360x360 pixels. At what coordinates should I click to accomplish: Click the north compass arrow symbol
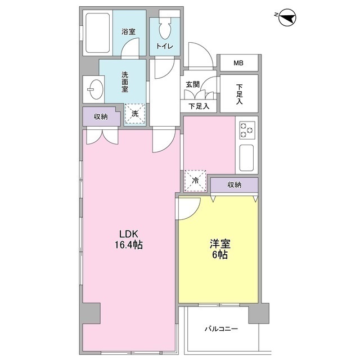287,17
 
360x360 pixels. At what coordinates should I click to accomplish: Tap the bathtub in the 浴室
97,33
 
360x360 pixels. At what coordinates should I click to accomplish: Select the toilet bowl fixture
165,29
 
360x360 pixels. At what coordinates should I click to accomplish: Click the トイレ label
165,46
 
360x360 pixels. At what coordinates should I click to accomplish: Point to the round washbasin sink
95,89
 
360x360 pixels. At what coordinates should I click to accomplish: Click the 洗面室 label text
125,82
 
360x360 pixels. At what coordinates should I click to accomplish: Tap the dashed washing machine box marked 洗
135,114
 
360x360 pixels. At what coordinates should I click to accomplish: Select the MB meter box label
238,62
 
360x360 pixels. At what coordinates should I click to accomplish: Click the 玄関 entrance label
192,84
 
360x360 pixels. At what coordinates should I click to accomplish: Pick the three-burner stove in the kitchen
247,130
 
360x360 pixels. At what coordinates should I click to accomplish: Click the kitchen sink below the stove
246,158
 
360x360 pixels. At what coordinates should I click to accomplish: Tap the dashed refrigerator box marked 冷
195,181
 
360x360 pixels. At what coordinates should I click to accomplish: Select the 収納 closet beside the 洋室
235,184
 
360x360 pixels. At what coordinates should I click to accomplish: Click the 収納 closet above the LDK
101,116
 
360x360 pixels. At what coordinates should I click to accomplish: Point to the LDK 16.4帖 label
129,240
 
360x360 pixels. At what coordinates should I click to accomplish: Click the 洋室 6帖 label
220,249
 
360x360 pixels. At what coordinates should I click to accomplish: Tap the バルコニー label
221,329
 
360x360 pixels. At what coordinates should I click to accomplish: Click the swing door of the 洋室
188,208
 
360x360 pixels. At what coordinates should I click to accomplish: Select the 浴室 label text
128,31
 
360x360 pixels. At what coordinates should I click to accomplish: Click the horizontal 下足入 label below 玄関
199,106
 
